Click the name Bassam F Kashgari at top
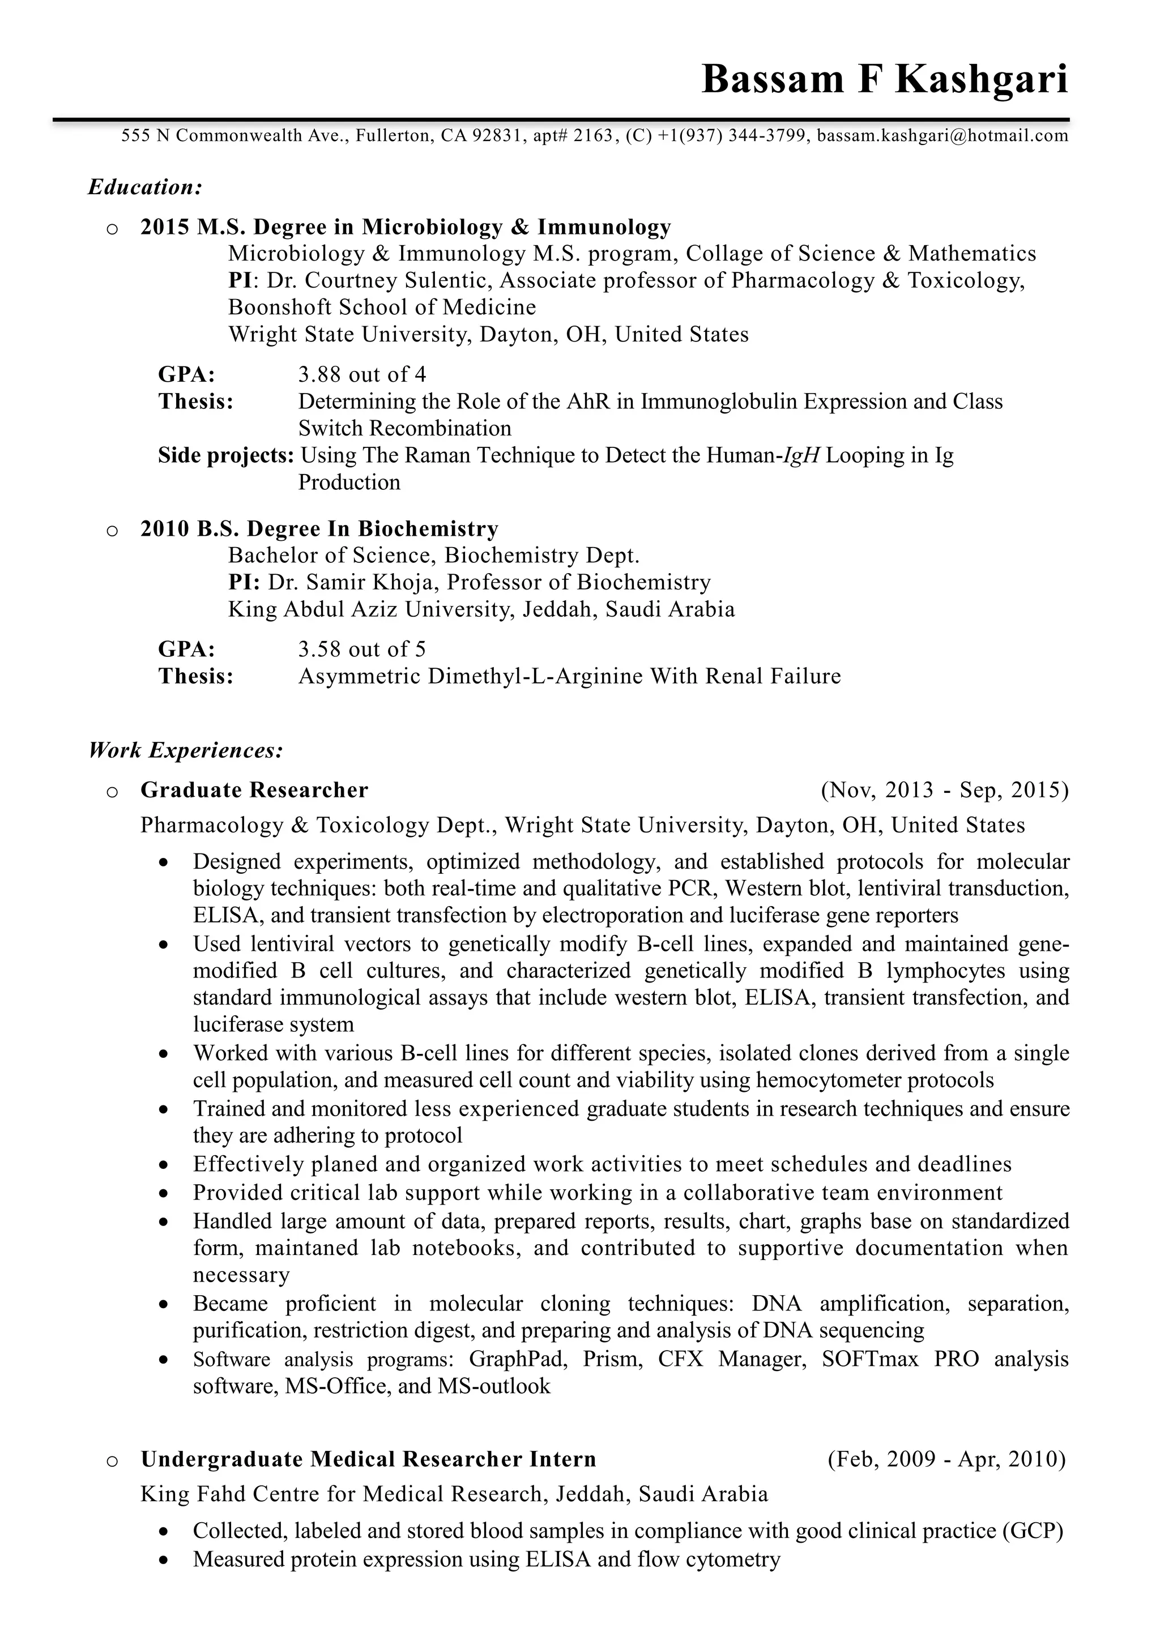pyautogui.click(x=884, y=79)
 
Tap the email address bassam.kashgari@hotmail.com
pyautogui.click(x=942, y=136)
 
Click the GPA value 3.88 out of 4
pyautogui.click(x=361, y=374)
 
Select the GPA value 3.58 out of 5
pyautogui.click(x=361, y=650)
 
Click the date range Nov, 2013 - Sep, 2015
pyautogui.click(x=944, y=790)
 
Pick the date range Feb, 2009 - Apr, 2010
pyautogui.click(x=946, y=1459)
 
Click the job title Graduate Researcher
pyautogui.click(x=254, y=790)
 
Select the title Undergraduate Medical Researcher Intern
pyautogui.click(x=368, y=1459)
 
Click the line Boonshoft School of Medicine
pyautogui.click(x=382, y=307)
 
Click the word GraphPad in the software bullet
pyautogui.click(x=518, y=1359)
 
